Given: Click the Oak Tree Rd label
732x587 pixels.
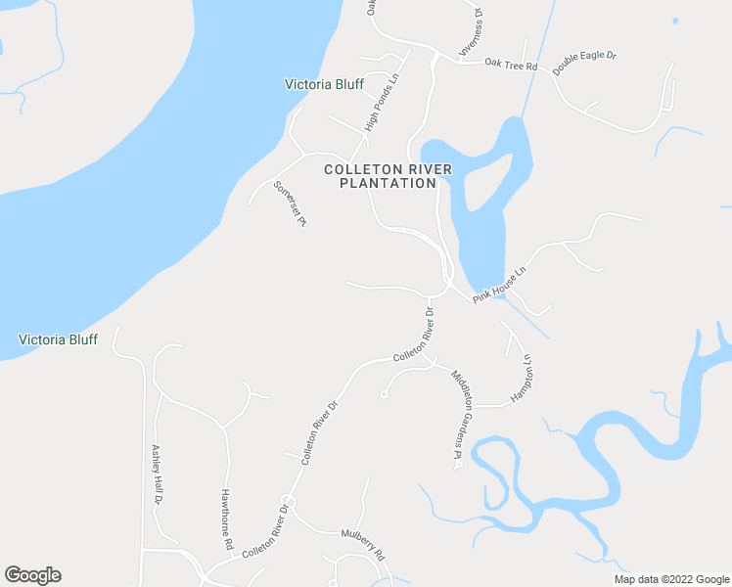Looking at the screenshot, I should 512,66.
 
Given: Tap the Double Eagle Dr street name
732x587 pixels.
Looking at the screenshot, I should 584,62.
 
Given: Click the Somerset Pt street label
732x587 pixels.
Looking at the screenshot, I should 291,203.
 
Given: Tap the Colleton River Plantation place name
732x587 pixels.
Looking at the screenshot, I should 389,175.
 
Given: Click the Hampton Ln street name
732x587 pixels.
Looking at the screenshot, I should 520,379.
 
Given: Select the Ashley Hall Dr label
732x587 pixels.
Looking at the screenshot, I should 156,474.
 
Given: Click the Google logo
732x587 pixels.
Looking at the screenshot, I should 32,575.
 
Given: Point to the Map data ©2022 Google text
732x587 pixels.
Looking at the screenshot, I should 670,579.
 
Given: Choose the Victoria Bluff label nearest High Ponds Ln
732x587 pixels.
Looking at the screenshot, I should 324,84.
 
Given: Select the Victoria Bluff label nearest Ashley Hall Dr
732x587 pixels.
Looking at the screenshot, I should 58,339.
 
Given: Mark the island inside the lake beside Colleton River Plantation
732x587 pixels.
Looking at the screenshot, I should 486,183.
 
